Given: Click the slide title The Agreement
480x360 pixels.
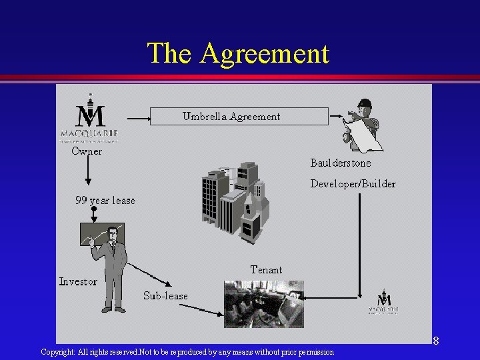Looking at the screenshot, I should tap(238, 53).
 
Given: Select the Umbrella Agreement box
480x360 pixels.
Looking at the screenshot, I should tap(239, 116).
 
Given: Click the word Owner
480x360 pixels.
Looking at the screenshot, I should tap(87, 151).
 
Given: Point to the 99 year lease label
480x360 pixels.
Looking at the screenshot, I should tap(105, 200).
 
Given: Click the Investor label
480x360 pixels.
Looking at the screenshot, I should tap(77, 281).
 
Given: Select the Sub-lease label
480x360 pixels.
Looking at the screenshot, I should tap(165, 295).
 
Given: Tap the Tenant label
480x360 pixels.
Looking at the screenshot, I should tap(266, 270).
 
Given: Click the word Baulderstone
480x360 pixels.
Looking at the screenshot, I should tap(341, 163).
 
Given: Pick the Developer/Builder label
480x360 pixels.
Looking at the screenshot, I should tap(353, 183).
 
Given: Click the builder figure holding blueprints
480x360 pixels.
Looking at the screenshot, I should tap(362, 124).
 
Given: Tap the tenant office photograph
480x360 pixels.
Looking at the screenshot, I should tap(263, 303).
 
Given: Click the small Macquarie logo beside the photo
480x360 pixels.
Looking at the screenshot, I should tap(384, 303).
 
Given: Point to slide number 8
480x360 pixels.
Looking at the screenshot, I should tap(435, 341).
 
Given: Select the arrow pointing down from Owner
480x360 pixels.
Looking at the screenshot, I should tap(87, 172).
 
